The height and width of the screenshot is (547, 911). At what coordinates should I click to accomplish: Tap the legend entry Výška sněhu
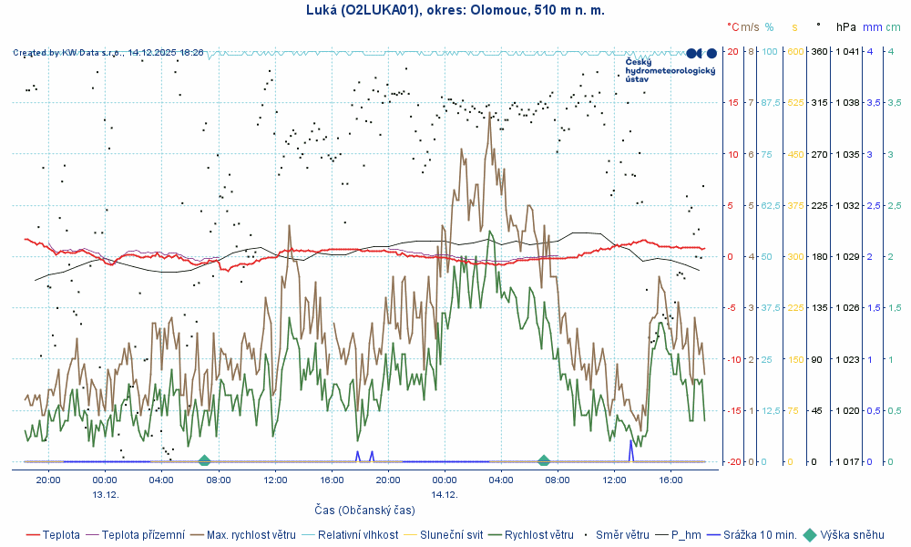tap(851, 535)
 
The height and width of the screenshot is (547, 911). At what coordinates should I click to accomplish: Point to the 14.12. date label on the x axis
tap(444, 493)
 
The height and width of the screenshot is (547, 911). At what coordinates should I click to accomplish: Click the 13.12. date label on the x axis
tap(105, 493)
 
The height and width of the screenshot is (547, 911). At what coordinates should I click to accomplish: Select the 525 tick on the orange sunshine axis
tap(795, 103)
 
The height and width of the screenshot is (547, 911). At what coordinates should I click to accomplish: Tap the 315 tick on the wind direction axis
tap(818, 103)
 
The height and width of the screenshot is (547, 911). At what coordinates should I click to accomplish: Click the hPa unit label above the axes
tap(846, 27)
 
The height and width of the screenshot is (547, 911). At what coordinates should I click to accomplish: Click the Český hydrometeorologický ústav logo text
tap(670, 69)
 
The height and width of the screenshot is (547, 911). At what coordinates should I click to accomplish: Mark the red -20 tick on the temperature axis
tap(732, 462)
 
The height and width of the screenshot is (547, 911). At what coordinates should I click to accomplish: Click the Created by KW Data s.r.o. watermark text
tap(108, 53)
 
